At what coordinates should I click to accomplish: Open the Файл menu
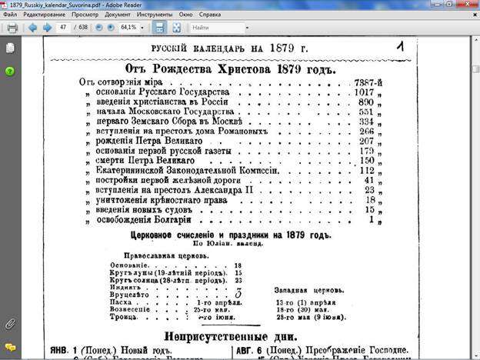coord(11,15)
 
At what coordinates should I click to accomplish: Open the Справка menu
coord(209,15)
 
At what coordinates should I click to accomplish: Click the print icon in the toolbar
coord(12,28)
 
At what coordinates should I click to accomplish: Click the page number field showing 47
coord(63,28)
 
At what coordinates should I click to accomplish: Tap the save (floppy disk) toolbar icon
coord(159,28)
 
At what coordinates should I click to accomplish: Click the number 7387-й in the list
coord(368,82)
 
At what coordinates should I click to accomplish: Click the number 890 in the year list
coord(365,102)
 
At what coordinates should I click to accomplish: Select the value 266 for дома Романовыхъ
coord(366,132)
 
